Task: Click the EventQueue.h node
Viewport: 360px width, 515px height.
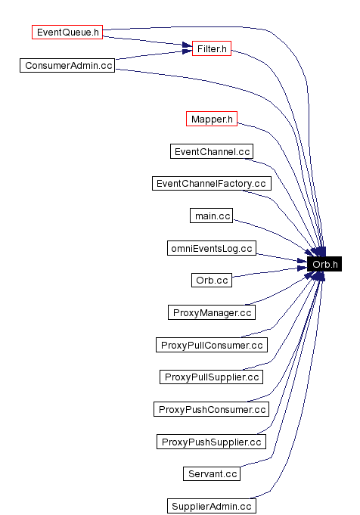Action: pos(67,33)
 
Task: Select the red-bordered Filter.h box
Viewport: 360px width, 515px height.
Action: pos(211,48)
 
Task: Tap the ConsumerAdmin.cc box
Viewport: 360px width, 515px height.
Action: pos(68,65)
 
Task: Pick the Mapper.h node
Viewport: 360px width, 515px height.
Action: pos(212,119)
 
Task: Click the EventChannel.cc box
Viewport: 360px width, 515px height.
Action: pos(212,151)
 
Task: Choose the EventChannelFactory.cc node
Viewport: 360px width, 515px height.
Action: pos(211,184)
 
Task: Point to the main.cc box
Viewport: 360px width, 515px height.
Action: pos(212,216)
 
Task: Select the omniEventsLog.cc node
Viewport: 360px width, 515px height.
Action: pos(212,248)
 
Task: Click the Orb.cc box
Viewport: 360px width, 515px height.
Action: pos(212,280)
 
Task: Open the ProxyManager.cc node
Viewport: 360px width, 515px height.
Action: pos(212,312)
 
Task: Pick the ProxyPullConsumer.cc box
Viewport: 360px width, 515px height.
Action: pos(212,345)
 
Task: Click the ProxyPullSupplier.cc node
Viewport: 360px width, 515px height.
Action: pos(212,377)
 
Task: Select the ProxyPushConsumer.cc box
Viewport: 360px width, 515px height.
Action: pos(212,409)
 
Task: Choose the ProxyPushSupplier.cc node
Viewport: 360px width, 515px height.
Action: pos(212,442)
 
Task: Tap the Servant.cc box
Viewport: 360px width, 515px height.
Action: pos(212,473)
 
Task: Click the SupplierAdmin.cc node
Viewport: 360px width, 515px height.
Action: pos(212,506)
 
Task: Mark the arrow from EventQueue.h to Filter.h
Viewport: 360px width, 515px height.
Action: pos(147,41)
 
